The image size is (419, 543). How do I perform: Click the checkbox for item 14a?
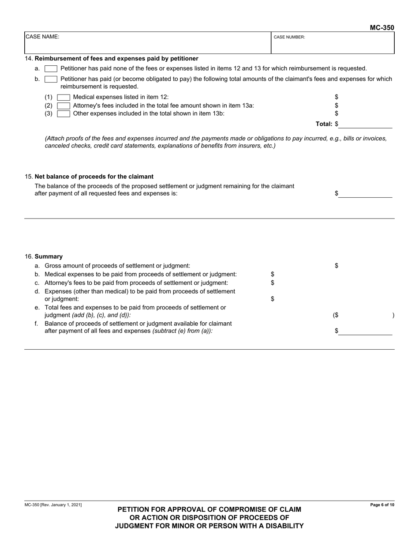tap(51, 68)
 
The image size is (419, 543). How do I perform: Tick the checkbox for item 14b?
tap(51, 79)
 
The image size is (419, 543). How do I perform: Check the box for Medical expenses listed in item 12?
tap(64, 97)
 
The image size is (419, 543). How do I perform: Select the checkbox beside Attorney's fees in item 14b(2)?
tap(64, 106)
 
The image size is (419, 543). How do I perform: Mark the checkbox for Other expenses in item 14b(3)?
tap(64, 113)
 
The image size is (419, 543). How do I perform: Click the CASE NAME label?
tap(42, 37)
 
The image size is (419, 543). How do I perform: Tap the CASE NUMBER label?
tap(289, 37)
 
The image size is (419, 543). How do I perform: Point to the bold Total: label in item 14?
tap(324, 124)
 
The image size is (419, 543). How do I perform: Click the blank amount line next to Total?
tap(365, 125)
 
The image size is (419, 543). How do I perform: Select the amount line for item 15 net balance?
tap(365, 194)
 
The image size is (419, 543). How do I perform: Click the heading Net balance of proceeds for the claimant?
tap(94, 177)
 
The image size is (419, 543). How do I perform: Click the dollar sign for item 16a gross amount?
tap(337, 266)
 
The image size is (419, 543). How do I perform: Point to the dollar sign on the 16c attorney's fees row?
tap(273, 283)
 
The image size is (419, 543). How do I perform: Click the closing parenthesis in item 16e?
tap(393, 316)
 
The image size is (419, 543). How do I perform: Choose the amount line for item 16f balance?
tap(365, 332)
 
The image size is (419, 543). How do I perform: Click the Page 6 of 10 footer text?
tap(382, 505)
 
